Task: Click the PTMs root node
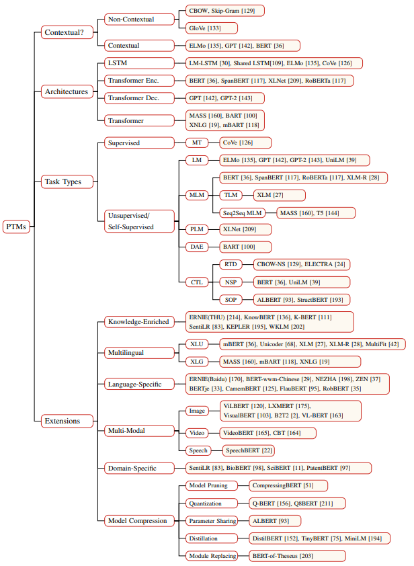pos(16,227)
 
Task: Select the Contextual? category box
pos(67,32)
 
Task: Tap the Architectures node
pos(67,91)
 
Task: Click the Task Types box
pos(67,181)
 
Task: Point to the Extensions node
pos(67,421)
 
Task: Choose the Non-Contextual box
pos(139,19)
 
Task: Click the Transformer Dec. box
pos(139,98)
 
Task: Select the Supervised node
pos(139,143)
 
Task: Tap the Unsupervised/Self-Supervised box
pos(139,221)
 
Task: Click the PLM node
pos(197,229)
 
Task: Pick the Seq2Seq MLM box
pos(242,213)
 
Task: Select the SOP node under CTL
pos(231,300)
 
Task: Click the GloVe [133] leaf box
pos(212,28)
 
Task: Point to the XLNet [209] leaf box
pos(245,229)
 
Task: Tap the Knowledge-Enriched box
pos(139,321)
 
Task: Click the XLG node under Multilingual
pos(197,362)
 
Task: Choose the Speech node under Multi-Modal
pos(198,450)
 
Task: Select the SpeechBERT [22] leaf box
pos(249,450)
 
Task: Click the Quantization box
pos(212,503)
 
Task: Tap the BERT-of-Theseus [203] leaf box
pos(298,556)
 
